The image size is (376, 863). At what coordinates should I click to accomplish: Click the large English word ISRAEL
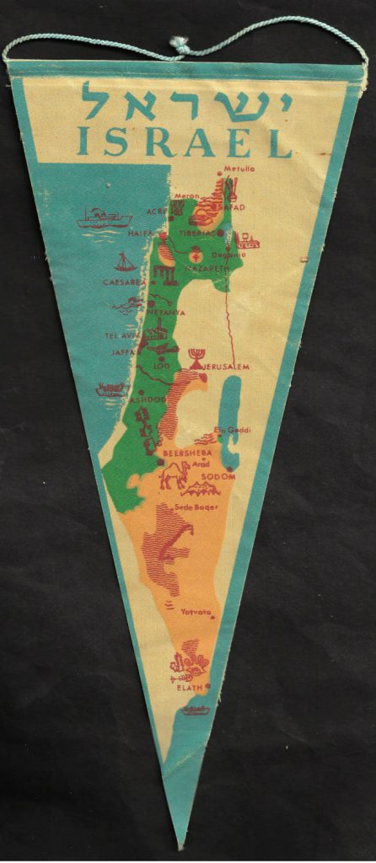coord(184,144)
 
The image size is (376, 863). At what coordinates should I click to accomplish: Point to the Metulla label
coord(239,169)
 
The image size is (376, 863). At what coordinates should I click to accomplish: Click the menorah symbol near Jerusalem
coord(196,356)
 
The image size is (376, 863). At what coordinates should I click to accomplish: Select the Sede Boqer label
coord(195,507)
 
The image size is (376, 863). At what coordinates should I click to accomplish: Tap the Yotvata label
coord(196,612)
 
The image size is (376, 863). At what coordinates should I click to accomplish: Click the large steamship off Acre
coord(103,220)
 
